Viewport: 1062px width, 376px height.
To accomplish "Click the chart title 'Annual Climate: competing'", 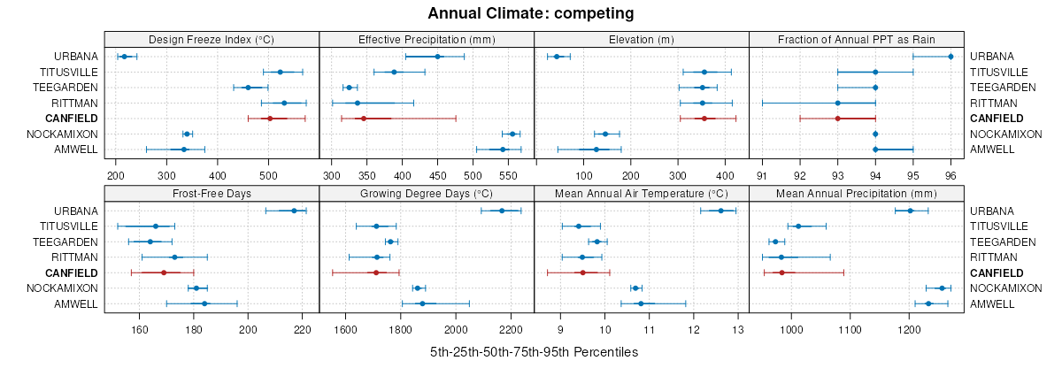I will coord(531,13).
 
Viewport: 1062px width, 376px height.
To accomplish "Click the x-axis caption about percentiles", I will coord(534,352).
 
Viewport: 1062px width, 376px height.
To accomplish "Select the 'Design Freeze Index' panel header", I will coord(212,39).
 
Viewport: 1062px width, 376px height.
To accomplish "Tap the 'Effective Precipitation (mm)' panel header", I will coord(427,39).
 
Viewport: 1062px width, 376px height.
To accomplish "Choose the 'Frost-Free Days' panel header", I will coord(212,193).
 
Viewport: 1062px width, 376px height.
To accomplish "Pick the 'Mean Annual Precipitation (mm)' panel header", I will coord(856,193).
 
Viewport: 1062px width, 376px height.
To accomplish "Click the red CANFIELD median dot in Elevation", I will coord(704,118).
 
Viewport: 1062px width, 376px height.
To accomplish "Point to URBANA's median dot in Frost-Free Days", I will coord(294,211).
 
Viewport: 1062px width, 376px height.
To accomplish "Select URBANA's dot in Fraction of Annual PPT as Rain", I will coord(950,57).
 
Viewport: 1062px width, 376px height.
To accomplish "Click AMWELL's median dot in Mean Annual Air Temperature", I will coord(641,303).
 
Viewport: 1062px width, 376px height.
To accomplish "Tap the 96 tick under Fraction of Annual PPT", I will coord(950,164).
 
